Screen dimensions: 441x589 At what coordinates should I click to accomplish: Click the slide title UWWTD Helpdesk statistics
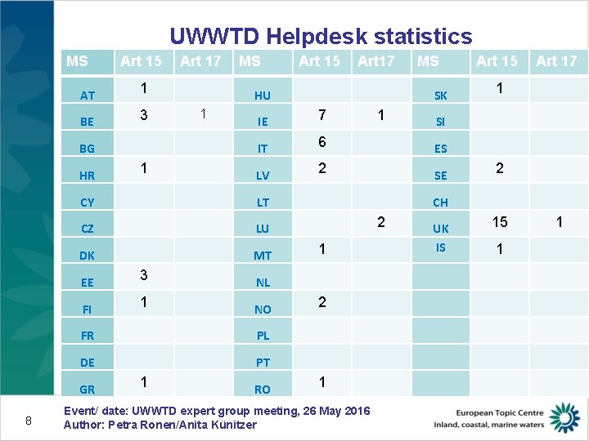pos(321,37)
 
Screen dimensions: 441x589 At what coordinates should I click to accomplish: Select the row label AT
pos(88,96)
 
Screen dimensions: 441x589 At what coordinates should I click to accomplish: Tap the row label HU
pos(262,96)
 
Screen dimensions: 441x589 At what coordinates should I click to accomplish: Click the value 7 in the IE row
pos(322,115)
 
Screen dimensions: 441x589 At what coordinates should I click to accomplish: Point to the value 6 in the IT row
pos(322,142)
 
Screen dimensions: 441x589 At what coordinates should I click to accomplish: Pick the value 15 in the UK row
pos(499,222)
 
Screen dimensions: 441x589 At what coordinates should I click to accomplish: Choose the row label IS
pos(440,247)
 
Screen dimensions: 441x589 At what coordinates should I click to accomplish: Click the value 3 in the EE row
pos(144,275)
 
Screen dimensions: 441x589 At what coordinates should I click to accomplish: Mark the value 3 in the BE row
pos(144,115)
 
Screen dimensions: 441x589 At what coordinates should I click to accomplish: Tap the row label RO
pos(262,390)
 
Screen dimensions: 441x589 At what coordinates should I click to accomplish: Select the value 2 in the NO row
pos(322,302)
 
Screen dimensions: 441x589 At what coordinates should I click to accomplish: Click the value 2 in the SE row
pos(499,169)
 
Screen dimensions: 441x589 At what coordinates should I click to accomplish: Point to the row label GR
pos(88,390)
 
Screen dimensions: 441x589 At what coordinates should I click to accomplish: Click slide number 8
pos(29,421)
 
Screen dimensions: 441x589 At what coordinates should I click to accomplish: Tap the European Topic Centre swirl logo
pos(564,416)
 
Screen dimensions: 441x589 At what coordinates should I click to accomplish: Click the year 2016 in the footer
pos(356,411)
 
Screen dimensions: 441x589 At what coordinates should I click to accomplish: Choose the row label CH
pos(440,203)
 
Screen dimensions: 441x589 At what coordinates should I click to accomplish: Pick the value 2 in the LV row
pos(322,169)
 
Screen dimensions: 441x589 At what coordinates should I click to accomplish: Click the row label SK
pos(440,96)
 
